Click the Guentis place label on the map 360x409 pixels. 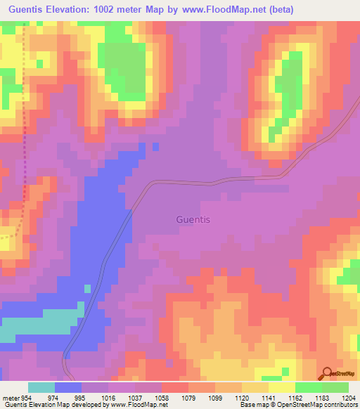click(x=193, y=219)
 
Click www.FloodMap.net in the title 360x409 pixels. click(x=224, y=10)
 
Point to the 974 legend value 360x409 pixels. click(x=54, y=397)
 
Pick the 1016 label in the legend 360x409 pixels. click(x=108, y=397)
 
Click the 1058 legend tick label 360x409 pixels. click(x=161, y=397)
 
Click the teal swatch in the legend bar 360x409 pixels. click(x=41, y=387)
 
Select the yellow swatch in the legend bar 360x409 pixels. click(x=282, y=387)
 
